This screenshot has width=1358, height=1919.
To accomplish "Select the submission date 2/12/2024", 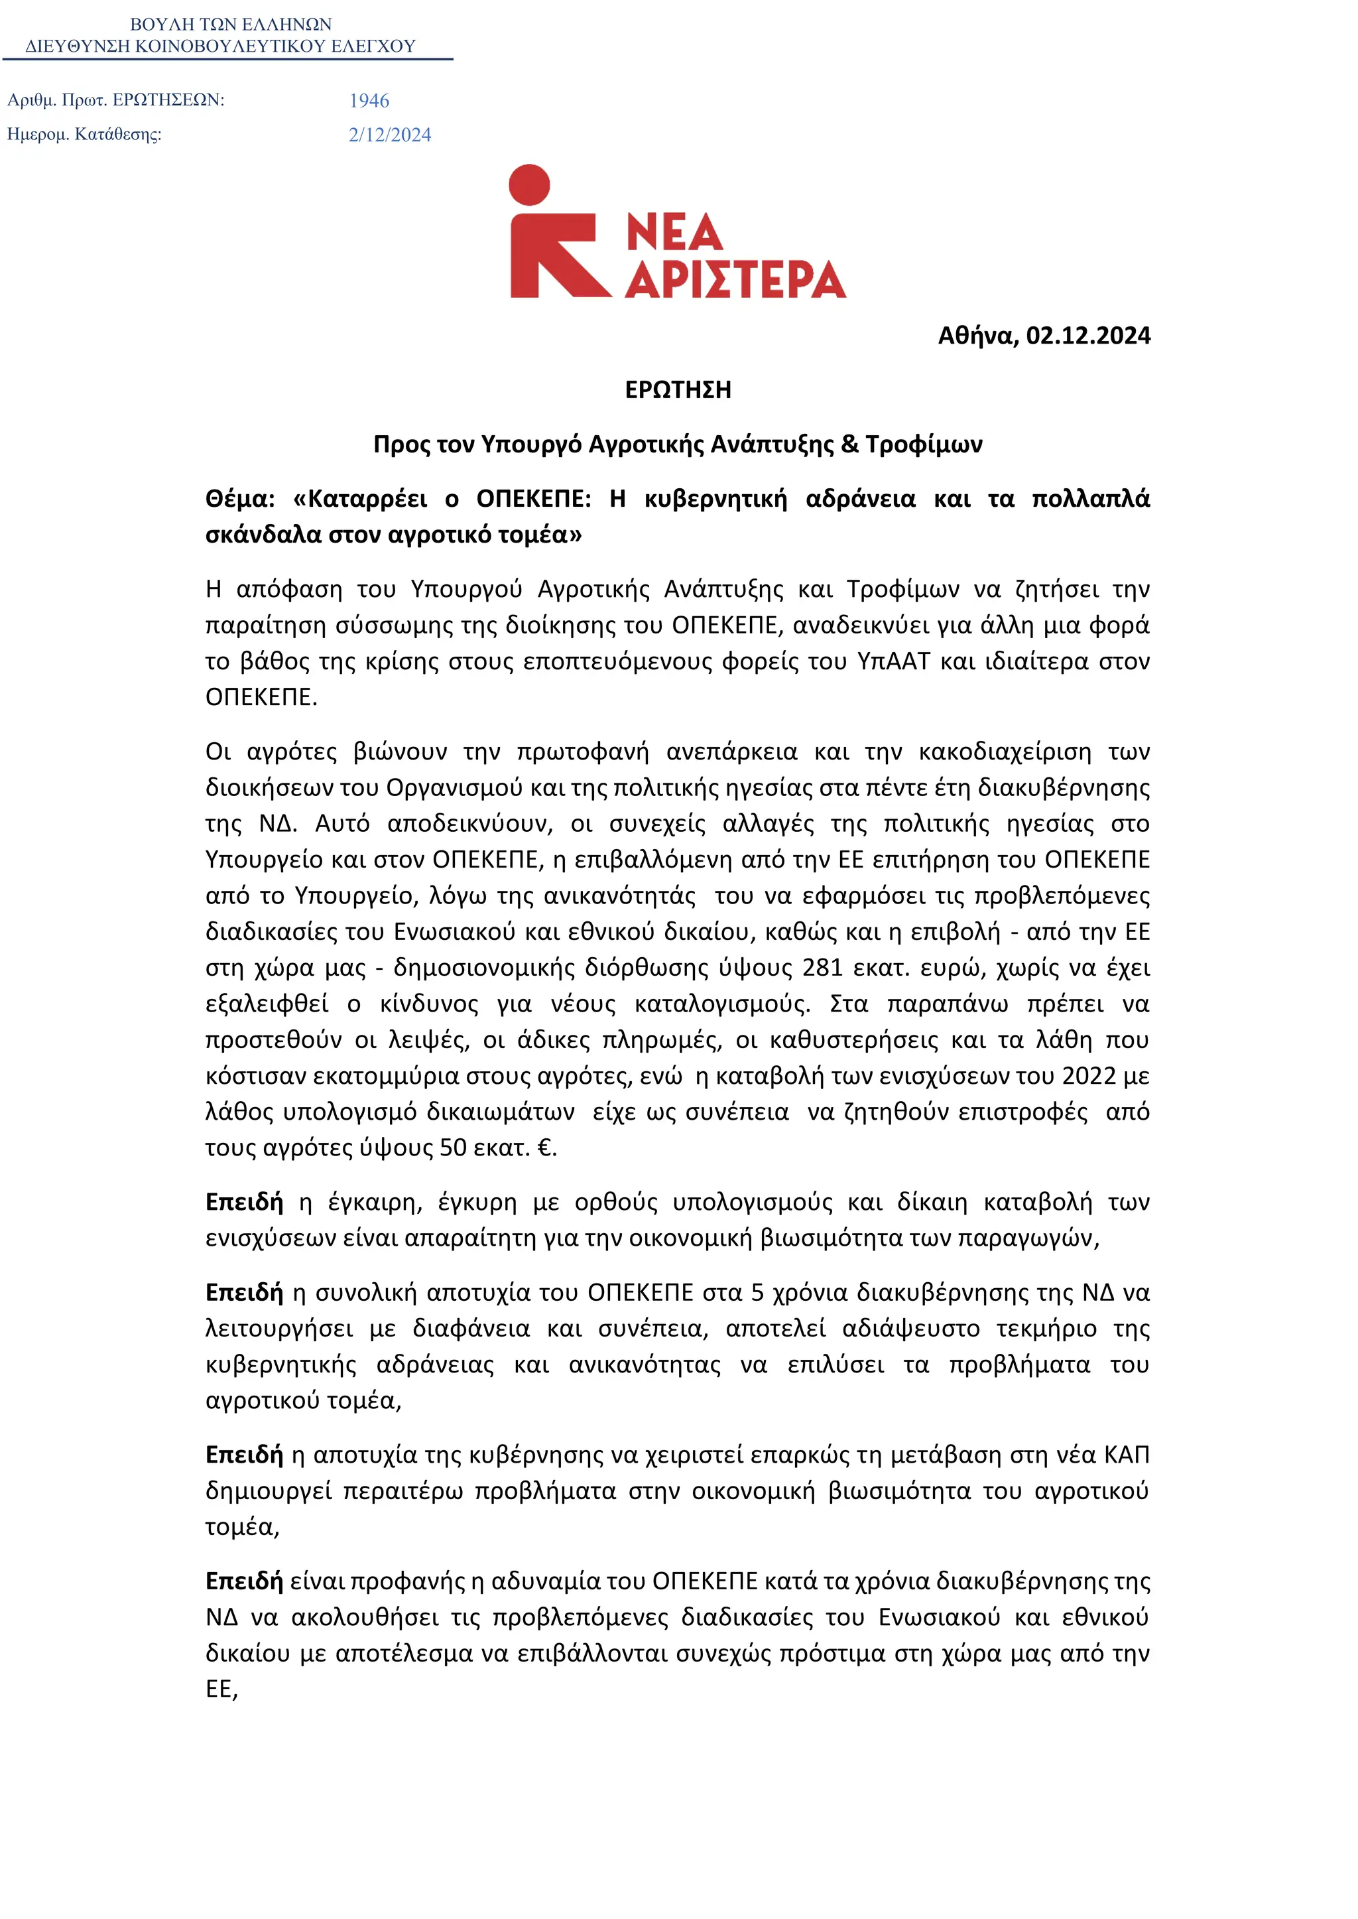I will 390,135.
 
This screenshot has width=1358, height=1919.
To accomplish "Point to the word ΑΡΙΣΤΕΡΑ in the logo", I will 736,279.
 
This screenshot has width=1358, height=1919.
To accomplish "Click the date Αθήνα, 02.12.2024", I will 1044,336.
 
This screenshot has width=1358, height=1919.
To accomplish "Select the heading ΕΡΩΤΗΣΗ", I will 678,390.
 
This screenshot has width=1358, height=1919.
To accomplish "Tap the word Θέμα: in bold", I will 240,499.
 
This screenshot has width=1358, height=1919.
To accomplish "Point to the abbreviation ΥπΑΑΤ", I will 893,662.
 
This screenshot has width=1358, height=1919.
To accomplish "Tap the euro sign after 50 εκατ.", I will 544,1148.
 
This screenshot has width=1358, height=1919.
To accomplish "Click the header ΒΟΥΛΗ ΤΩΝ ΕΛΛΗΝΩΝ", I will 231,25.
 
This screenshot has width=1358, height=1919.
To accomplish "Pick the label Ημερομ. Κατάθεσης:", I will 84,134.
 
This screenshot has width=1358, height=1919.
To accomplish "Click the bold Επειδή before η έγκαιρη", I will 244,1202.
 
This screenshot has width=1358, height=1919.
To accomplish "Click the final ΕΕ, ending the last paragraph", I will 221,1689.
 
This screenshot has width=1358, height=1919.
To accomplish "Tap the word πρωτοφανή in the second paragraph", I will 582,752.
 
